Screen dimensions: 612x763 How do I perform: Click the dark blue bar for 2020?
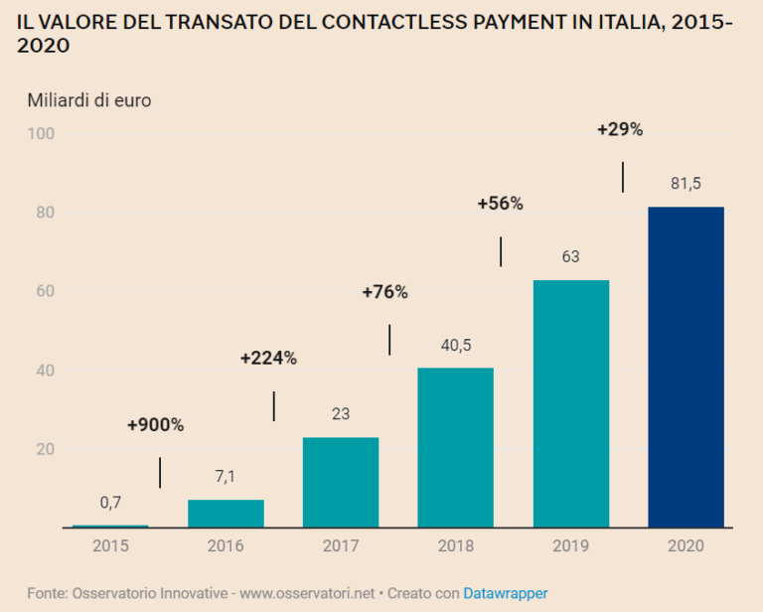click(686, 367)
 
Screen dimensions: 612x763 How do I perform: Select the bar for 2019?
click(571, 403)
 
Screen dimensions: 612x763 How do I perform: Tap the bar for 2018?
click(455, 447)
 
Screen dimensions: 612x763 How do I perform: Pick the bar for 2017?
click(340, 482)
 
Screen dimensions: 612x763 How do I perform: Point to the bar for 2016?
click(226, 513)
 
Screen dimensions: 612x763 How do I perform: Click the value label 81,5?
click(686, 184)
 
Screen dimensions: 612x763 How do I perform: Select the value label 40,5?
click(455, 346)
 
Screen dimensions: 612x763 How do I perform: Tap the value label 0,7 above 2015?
click(110, 503)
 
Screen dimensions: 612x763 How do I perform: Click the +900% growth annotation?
click(155, 425)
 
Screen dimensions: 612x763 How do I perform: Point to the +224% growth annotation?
click(268, 359)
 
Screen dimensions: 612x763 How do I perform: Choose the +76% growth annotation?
click(384, 292)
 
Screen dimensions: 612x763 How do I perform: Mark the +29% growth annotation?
click(620, 129)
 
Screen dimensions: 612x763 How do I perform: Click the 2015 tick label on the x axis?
click(110, 545)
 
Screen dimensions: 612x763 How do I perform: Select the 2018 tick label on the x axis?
click(455, 545)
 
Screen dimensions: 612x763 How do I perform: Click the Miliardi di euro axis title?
click(89, 100)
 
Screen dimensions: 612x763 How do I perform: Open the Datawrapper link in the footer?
click(505, 593)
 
